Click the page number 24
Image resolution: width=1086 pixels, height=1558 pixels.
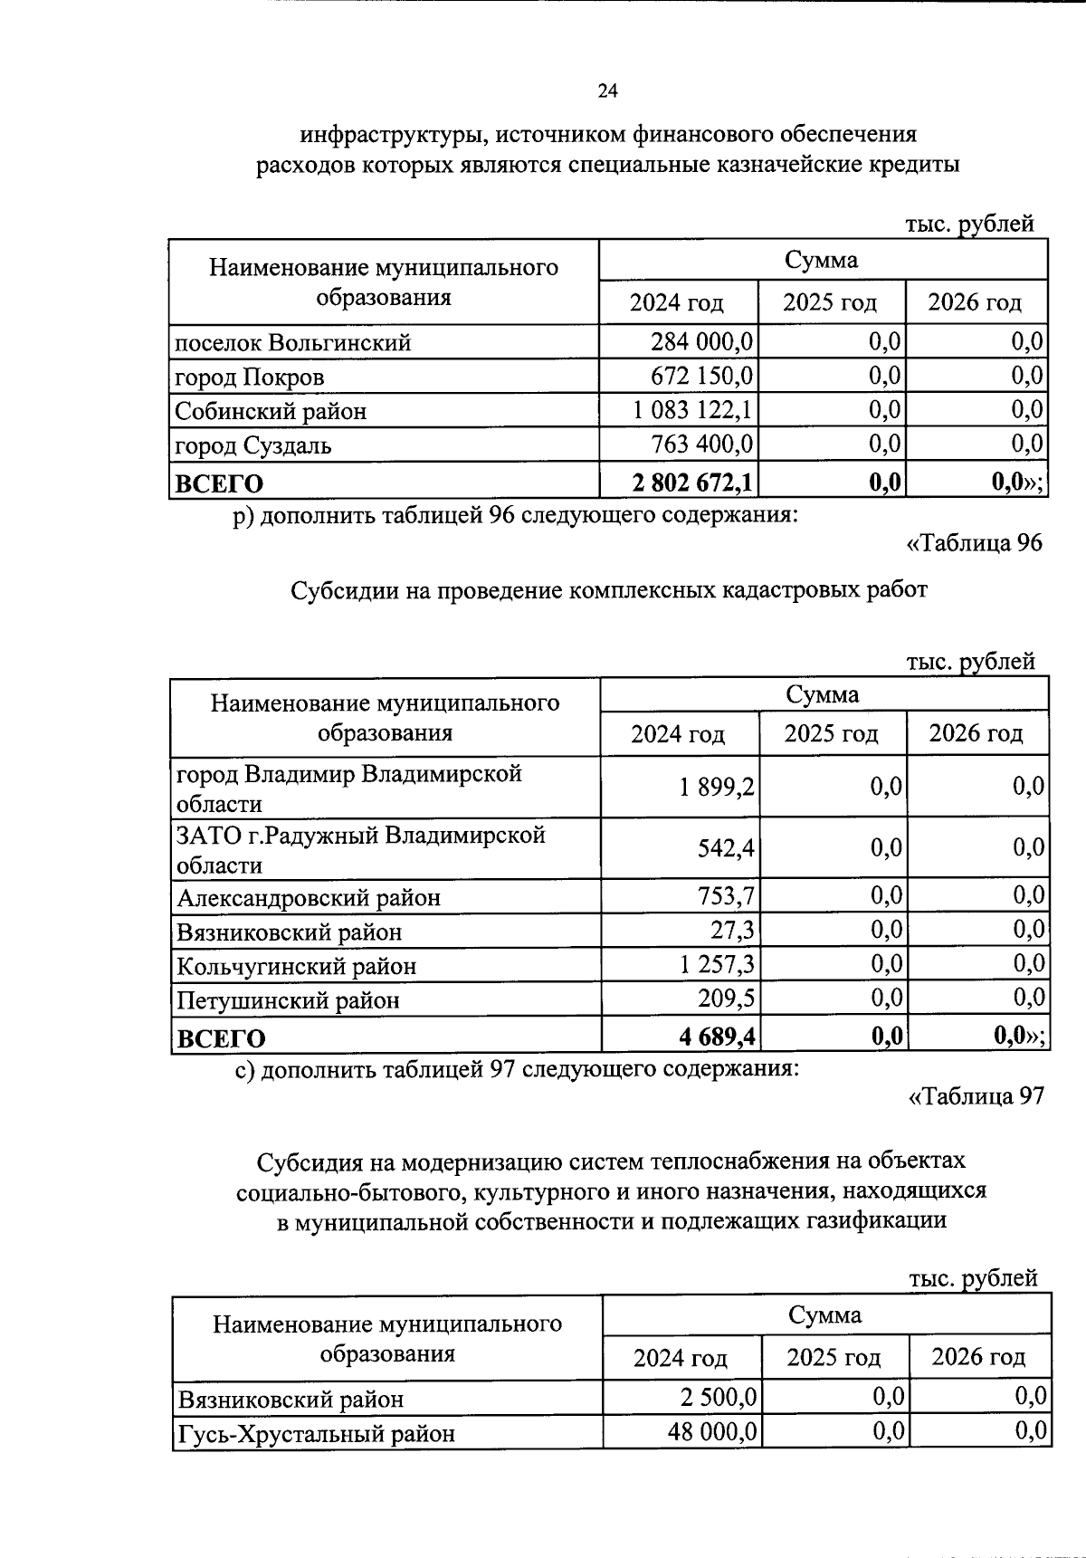click(607, 91)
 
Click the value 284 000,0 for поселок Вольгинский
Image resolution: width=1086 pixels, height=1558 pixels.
click(701, 342)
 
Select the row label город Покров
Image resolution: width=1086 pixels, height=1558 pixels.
click(249, 377)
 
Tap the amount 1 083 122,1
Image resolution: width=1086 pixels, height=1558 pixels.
click(692, 410)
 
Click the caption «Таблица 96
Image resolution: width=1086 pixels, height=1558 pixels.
click(974, 543)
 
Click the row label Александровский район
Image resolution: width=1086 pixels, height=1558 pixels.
click(309, 898)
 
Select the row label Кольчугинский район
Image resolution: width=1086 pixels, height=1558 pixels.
click(296, 966)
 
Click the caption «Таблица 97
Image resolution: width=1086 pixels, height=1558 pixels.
click(976, 1096)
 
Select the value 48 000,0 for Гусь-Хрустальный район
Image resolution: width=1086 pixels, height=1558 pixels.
click(712, 1433)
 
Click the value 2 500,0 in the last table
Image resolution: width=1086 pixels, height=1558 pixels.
click(719, 1398)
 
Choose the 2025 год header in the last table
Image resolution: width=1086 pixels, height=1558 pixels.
click(833, 1357)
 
